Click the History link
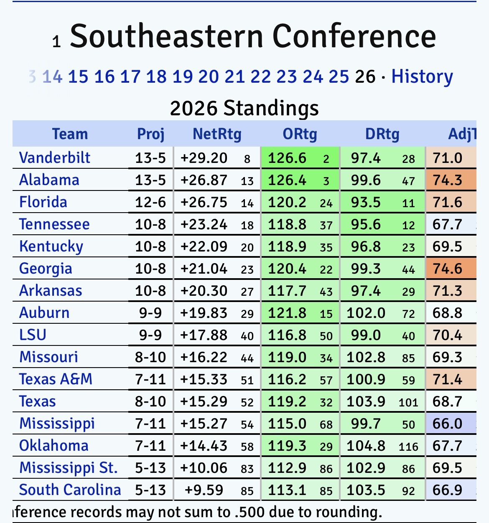pos(422,76)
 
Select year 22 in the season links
pos(260,76)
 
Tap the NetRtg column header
pos(217,134)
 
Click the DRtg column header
pos(382,134)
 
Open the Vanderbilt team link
pos(55,158)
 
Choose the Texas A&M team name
pos(56,379)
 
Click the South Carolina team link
pos(70,490)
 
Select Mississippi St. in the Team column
pos(69,467)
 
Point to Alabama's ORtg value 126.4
pos(287,180)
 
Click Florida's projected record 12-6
pos(150,202)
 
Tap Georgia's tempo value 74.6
pos(447,269)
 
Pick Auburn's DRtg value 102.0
pos(366,313)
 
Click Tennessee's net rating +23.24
pos(204,224)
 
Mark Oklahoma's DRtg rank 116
pos(408,447)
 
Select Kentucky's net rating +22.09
pos(204,246)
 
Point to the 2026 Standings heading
pos(244,108)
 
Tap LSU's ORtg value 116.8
pos(287,335)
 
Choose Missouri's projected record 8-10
pos(150,357)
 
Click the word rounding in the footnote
pos(346,512)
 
